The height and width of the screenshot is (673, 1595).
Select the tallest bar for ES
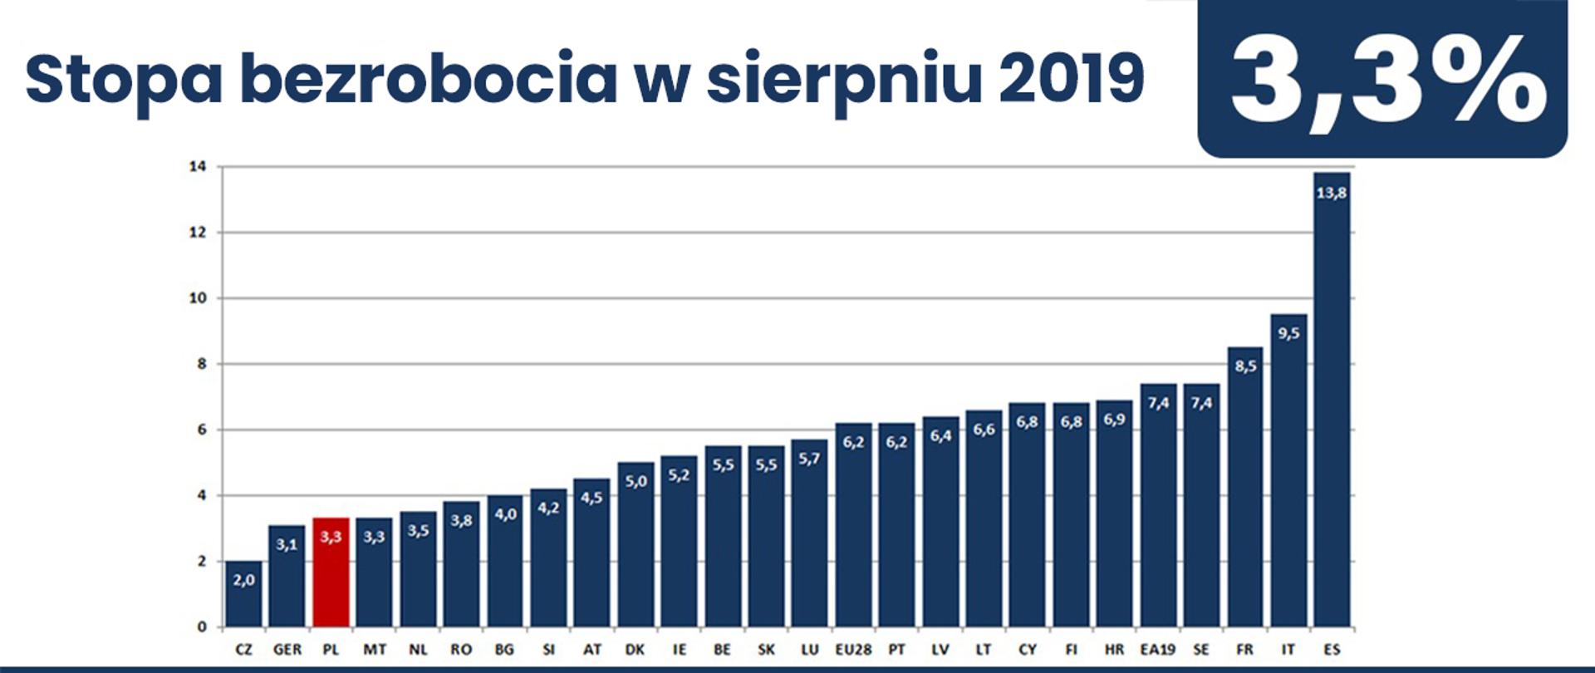point(1332,399)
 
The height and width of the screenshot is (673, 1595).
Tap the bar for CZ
point(243,593)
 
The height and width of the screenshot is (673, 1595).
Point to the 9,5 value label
point(1288,333)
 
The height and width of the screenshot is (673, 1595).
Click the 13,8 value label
point(1332,193)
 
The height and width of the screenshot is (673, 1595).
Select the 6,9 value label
point(1114,420)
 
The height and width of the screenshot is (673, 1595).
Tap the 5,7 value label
point(809,459)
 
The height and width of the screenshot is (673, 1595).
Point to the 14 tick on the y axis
point(197,167)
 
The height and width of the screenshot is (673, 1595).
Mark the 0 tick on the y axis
point(201,627)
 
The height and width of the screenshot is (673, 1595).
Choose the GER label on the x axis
point(287,650)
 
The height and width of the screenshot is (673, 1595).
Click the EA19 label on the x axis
point(1157,650)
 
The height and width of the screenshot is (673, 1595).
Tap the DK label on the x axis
point(635,650)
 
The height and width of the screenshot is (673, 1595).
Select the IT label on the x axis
point(1288,650)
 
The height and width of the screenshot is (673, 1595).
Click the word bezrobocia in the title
point(428,79)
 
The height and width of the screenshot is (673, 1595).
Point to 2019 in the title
point(1071,79)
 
